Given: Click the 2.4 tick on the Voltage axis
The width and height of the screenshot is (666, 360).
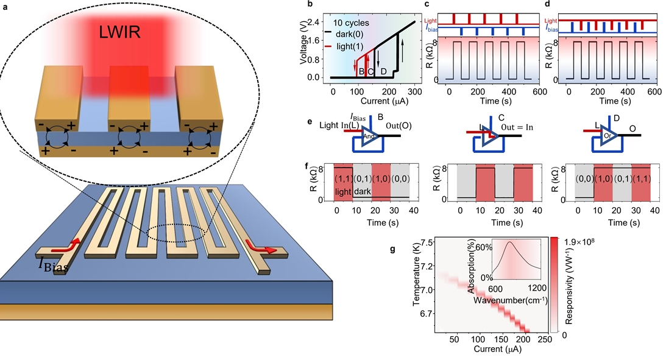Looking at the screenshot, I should pos(315,22).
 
